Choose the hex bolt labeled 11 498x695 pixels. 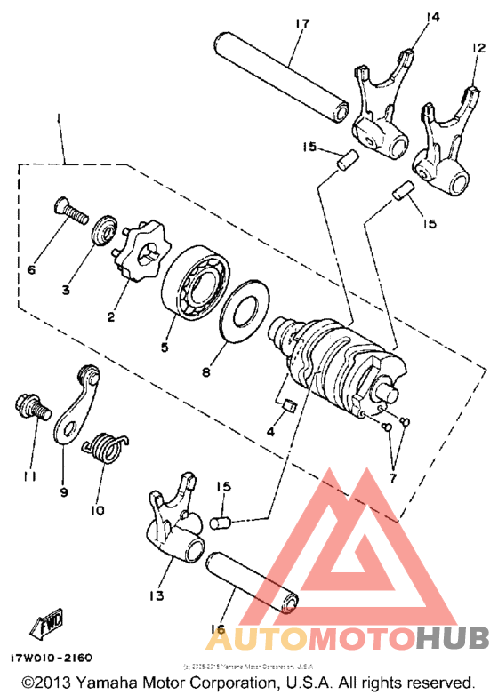(30, 407)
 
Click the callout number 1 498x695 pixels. (60, 118)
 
